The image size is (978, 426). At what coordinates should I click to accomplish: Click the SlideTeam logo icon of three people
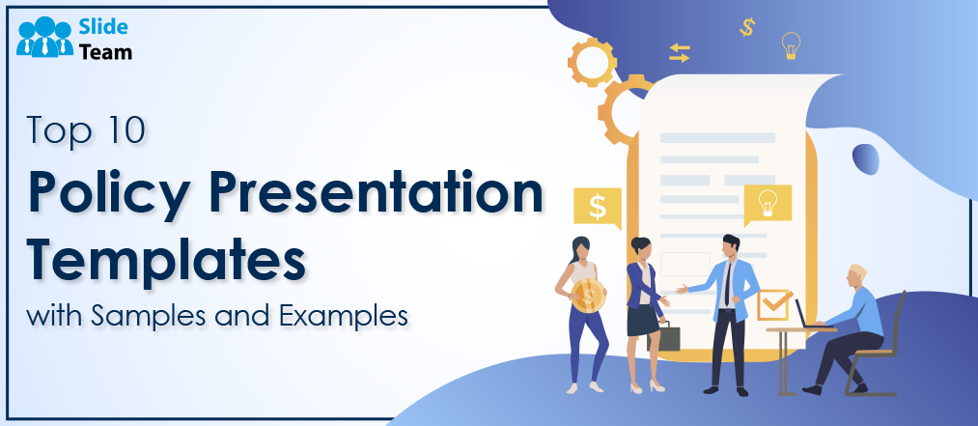[45, 38]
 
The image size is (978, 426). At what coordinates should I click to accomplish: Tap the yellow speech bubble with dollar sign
[597, 208]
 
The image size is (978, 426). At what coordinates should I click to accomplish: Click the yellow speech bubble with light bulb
[768, 205]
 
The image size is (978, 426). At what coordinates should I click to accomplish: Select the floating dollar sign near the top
[746, 27]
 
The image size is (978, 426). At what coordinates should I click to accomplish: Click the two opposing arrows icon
[680, 53]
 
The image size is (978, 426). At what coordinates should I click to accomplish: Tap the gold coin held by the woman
[588, 295]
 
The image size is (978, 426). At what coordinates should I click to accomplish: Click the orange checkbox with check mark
[772, 305]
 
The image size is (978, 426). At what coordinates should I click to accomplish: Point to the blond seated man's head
[857, 276]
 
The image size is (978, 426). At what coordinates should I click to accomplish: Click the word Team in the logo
[105, 52]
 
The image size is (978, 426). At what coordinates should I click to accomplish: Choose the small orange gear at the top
[591, 62]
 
